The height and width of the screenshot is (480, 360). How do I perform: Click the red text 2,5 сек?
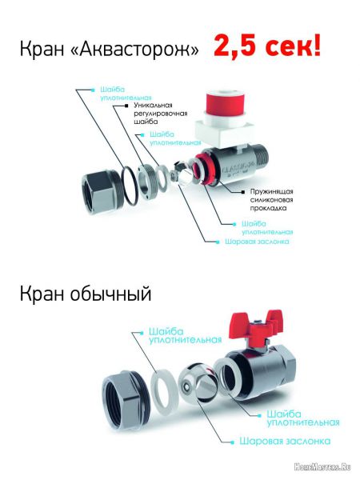[267, 46]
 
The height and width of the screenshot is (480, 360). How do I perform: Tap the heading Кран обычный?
[86, 294]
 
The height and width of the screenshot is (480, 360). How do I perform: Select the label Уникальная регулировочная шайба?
[161, 114]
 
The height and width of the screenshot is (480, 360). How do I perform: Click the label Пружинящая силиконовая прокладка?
[271, 200]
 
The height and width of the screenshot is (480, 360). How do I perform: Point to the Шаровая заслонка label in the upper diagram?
[257, 242]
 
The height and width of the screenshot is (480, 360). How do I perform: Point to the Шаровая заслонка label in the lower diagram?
[285, 441]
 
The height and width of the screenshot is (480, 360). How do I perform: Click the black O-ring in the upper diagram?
[132, 186]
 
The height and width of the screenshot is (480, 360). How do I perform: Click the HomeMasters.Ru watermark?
[322, 467]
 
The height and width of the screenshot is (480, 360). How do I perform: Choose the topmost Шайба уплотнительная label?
[126, 94]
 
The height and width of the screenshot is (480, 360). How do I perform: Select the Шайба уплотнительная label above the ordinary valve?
[185, 336]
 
